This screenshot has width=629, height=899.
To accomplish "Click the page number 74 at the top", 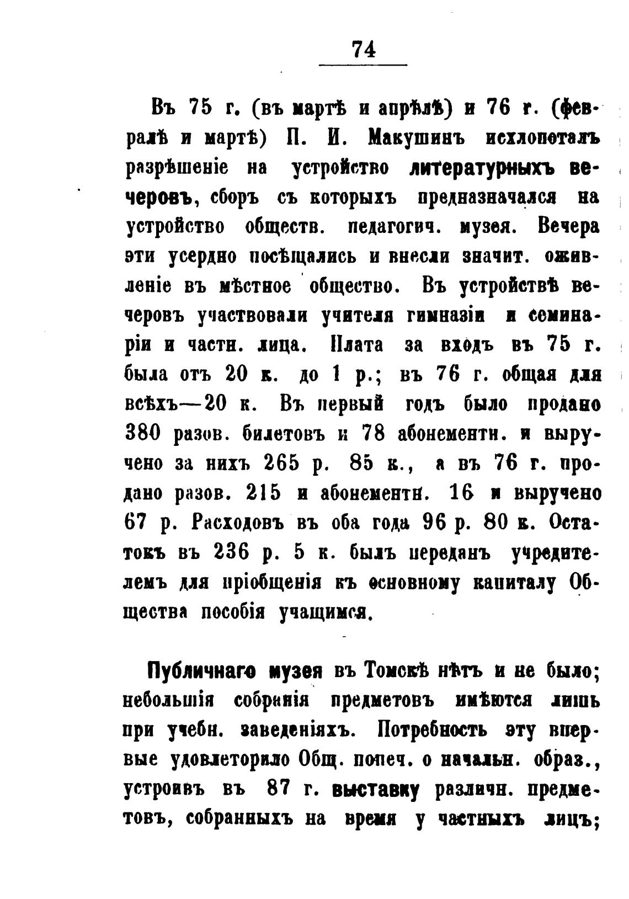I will click(x=364, y=49).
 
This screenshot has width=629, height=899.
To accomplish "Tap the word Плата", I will click(x=357, y=345).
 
